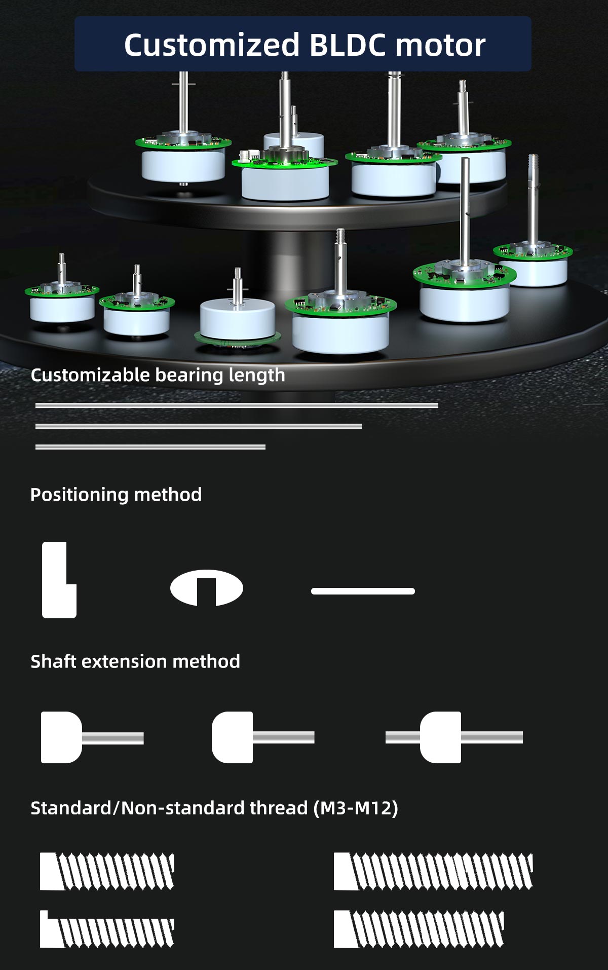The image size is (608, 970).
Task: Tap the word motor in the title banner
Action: pos(440,45)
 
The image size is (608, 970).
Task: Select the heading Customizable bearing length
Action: pos(158,375)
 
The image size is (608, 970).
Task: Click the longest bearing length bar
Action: pos(237,405)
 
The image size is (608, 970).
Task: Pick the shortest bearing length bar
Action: pos(150,447)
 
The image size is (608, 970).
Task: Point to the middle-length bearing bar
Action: pos(199,426)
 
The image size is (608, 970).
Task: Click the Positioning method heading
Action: pos(116,495)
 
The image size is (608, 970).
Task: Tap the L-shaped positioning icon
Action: pos(58,580)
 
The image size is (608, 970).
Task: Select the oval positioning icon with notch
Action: pos(207,588)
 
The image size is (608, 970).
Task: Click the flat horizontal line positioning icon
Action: pos(363,591)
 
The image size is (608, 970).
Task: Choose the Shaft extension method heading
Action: pos(135,662)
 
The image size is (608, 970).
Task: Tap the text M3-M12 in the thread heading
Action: pos(356,808)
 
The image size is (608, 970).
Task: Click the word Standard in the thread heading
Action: pos(71,808)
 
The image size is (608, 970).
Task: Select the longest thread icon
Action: pos(433,872)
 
